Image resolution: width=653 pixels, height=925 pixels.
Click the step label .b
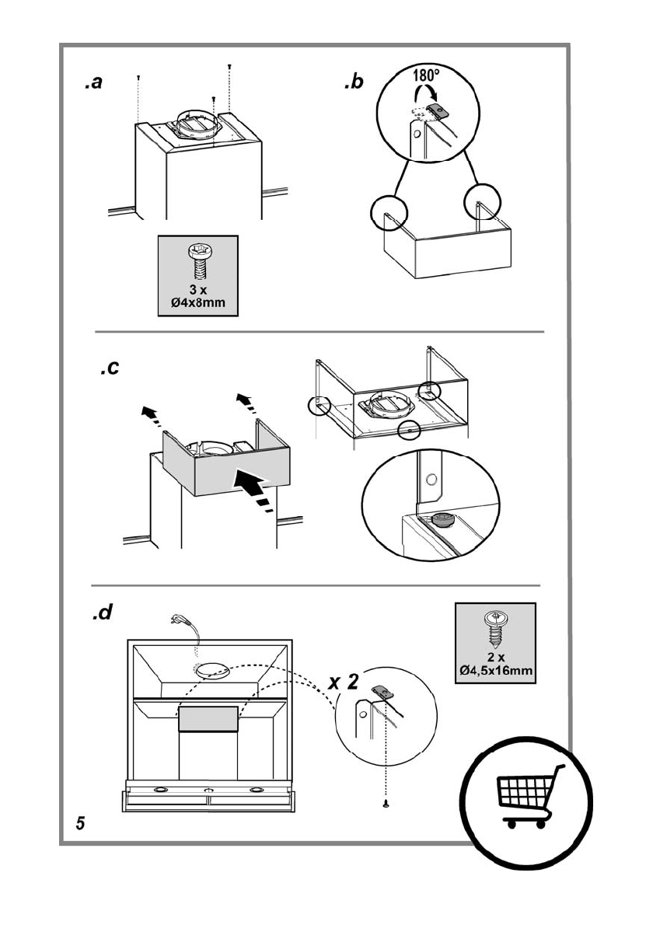tap(353, 82)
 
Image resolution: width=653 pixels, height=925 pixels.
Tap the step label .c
tap(110, 368)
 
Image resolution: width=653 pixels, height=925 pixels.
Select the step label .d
tap(102, 613)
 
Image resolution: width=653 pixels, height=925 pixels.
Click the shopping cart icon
tap(526, 798)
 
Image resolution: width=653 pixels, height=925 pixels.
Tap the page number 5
tap(81, 823)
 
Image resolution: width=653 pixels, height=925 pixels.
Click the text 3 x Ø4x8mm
tap(197, 296)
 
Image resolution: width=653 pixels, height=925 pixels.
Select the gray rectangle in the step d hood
tap(208, 719)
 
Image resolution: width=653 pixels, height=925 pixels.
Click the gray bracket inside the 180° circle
tap(439, 111)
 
